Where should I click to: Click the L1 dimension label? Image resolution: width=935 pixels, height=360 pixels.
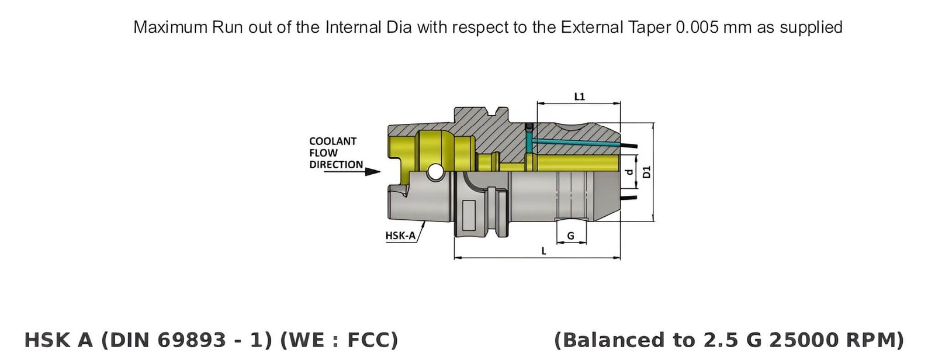pos(579,96)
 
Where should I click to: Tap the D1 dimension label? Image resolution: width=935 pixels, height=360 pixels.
pos(646,172)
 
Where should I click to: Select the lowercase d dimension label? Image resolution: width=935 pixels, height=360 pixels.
pos(629,172)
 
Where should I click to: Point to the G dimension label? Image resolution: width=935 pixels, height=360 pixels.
pos(570,236)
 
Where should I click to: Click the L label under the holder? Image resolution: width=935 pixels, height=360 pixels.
pos(543,251)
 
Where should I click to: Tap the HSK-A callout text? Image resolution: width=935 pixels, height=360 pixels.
pos(400,236)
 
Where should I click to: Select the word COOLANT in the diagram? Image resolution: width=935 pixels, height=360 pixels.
pos(333,141)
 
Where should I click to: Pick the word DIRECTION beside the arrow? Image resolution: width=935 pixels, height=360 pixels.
pos(336,165)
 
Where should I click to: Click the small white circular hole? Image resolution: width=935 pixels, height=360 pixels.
pos(435,172)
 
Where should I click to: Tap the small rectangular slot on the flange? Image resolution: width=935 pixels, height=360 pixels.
pos(469,215)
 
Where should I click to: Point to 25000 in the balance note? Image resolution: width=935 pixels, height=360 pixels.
pos(797,340)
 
